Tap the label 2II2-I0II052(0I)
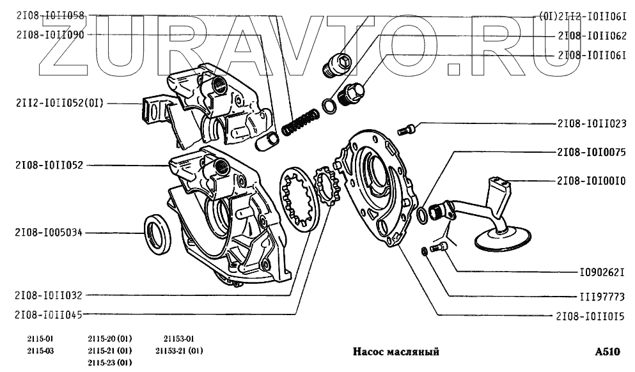58,102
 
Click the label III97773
598,297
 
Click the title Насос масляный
396,352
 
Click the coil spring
300,123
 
